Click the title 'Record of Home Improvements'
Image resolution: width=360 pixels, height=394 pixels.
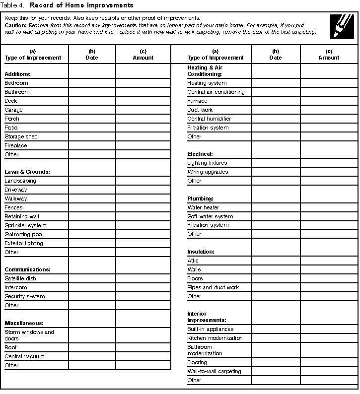pyautogui.click(x=81, y=5)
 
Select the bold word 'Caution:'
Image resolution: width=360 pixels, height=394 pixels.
pyautogui.click(x=16, y=25)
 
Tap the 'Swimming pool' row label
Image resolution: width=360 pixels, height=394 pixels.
pyautogui.click(x=24, y=234)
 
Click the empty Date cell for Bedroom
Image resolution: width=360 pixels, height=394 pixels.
pyautogui.click(x=92, y=83)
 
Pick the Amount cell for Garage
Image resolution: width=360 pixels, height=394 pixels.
pyautogui.click(x=143, y=110)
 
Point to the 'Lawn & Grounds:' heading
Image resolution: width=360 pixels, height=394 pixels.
pyautogui.click(x=28, y=172)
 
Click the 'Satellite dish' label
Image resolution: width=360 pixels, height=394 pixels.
pyautogui.click(x=20, y=278)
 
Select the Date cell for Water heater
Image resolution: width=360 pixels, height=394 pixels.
pyautogui.click(x=276, y=207)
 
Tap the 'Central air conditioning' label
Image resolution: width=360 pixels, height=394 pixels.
pyautogui.click(x=216, y=92)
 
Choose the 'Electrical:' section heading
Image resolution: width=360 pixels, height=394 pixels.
pyautogui.click(x=200, y=154)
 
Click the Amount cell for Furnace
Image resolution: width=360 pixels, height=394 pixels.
pyautogui.click(x=329, y=101)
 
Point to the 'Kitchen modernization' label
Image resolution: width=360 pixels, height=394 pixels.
pyautogui.click(x=215, y=338)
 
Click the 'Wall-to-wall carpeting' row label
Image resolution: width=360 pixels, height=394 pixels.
pyautogui.click(x=214, y=371)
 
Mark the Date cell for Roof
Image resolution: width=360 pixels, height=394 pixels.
pyautogui.click(x=92, y=348)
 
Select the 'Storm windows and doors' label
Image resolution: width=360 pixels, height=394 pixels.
pyautogui.click(x=29, y=335)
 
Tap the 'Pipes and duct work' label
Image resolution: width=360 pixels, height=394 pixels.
pyautogui.click(x=213, y=287)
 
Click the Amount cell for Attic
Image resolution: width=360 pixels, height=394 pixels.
pyautogui.click(x=329, y=261)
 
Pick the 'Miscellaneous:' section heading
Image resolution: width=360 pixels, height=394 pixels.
pyautogui.click(x=24, y=323)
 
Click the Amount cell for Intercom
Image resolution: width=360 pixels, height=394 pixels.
pyautogui.click(x=143, y=288)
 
